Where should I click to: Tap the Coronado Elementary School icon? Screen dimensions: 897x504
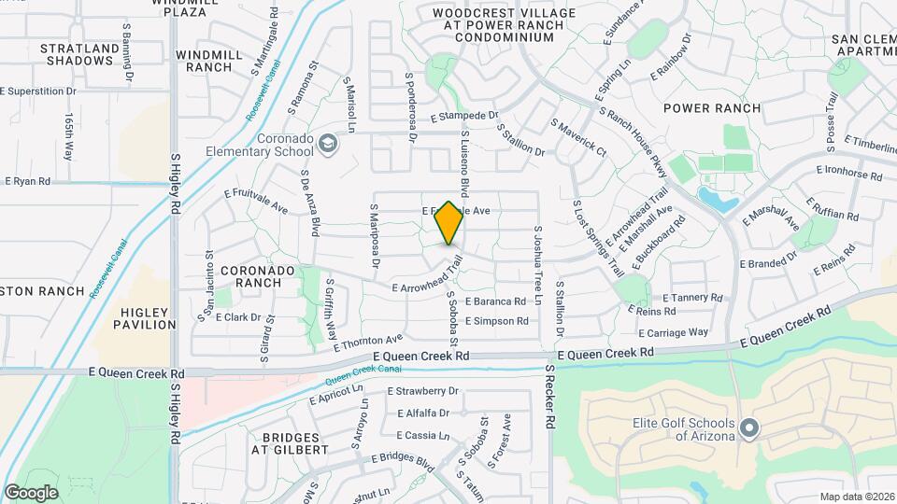point(328,143)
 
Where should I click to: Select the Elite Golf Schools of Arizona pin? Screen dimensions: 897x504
point(748,428)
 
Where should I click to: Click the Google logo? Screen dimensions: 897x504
point(30,493)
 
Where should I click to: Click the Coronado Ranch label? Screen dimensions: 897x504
point(238,275)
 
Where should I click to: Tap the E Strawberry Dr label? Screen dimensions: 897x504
point(423,391)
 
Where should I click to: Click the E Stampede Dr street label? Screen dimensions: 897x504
point(464,116)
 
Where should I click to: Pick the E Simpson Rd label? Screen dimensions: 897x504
point(496,321)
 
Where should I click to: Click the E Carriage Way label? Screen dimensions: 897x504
point(674,332)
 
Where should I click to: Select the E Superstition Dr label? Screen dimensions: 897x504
point(37,91)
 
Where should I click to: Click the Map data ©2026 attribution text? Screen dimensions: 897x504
point(856,497)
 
